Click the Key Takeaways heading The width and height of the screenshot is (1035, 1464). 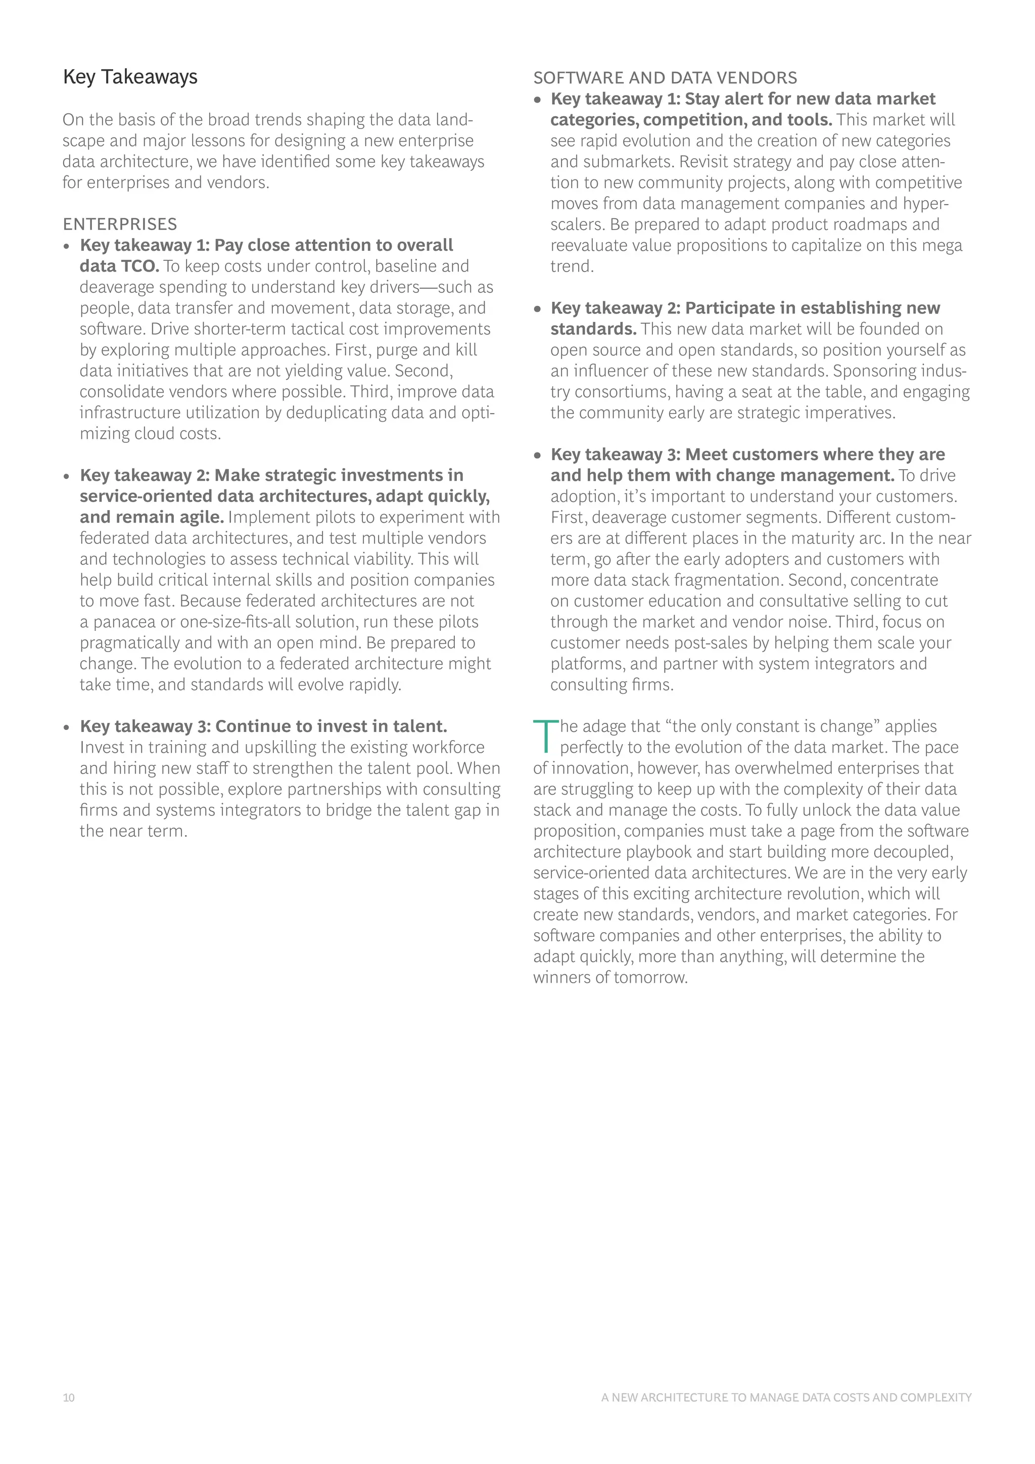(130, 77)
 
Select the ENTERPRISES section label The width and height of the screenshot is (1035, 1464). (120, 224)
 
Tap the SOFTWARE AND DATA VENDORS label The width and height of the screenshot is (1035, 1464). (665, 78)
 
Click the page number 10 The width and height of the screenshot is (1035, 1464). (69, 1398)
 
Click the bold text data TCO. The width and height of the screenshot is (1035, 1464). (119, 266)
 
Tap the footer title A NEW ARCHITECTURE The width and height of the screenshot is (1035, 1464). (786, 1398)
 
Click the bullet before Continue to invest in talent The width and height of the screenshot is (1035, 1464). (67, 727)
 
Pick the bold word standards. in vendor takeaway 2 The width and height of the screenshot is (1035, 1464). (593, 329)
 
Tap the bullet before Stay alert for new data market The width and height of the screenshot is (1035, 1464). (538, 100)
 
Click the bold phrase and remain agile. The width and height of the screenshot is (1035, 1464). (152, 517)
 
